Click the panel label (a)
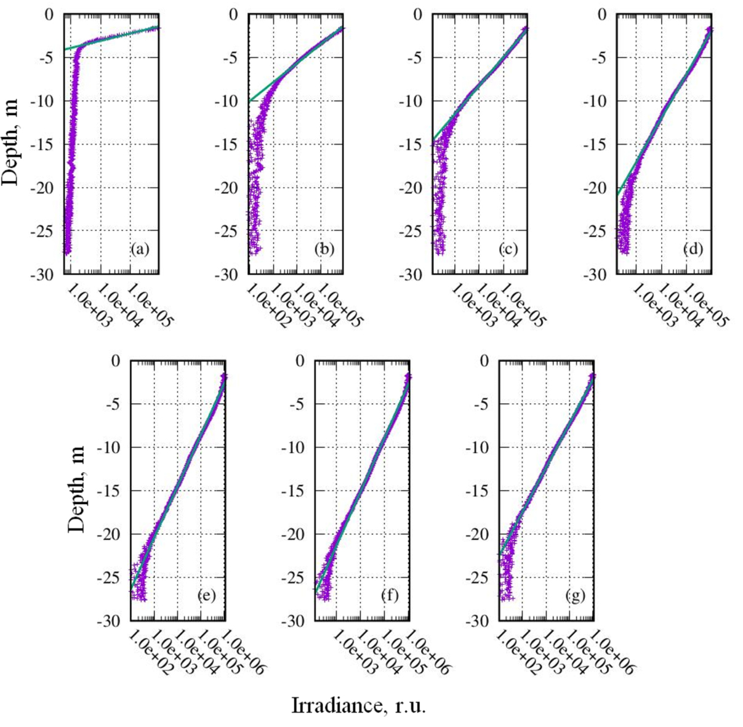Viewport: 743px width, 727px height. click(x=140, y=249)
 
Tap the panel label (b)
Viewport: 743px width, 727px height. click(x=324, y=249)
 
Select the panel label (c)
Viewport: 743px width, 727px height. click(x=508, y=249)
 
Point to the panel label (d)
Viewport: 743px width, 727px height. click(x=693, y=249)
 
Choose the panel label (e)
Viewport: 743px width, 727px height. click(x=206, y=595)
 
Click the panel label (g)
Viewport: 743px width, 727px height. click(x=574, y=595)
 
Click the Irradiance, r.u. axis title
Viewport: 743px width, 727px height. click(x=358, y=705)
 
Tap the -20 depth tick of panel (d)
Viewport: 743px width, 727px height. click(x=597, y=188)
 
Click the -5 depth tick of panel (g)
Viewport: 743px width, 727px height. click(x=483, y=404)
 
